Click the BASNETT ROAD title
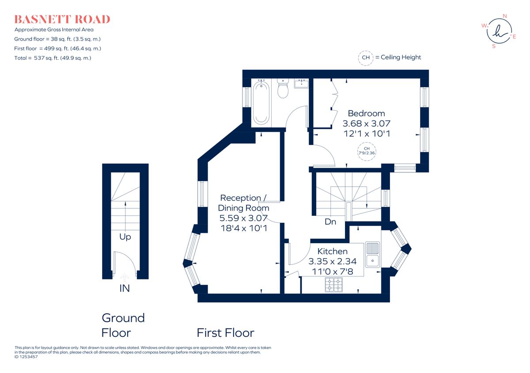(62, 19)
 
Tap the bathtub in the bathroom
(261, 102)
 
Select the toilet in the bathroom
(283, 89)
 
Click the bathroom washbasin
(303, 83)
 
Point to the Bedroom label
(366, 113)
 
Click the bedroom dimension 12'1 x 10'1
(366, 133)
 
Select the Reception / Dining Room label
(243, 203)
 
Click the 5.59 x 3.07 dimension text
(243, 218)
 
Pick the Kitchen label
(332, 251)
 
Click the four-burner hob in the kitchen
(333, 285)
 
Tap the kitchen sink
(373, 255)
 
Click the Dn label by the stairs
(330, 222)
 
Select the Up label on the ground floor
(125, 237)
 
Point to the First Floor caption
(225, 332)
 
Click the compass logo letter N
(505, 16)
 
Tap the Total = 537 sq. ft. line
(53, 58)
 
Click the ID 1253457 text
(26, 357)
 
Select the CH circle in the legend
(365, 57)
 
